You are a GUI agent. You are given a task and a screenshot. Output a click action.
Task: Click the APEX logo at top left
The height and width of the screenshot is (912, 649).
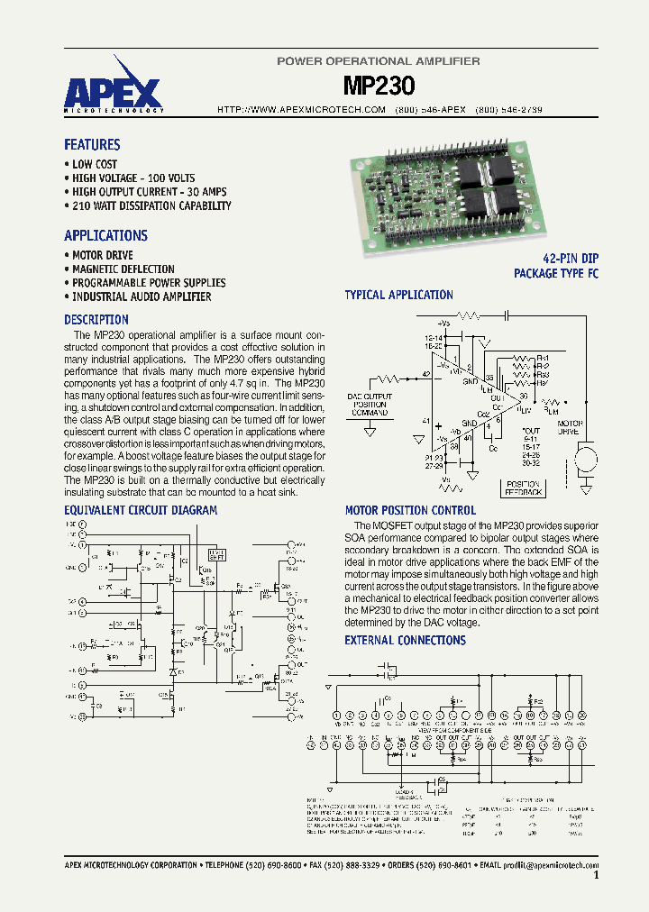pyautogui.click(x=113, y=89)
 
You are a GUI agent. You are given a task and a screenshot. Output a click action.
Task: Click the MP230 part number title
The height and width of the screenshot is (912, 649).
pyautogui.click(x=379, y=86)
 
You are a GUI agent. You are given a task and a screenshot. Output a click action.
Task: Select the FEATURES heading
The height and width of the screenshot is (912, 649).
pyautogui.click(x=92, y=145)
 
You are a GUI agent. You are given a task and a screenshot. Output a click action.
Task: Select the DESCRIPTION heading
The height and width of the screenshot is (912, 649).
pyautogui.click(x=96, y=320)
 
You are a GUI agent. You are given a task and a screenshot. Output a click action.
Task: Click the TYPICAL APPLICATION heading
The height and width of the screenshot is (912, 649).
pyautogui.click(x=398, y=295)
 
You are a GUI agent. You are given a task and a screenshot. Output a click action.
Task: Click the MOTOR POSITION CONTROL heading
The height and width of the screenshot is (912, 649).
pyautogui.click(x=410, y=510)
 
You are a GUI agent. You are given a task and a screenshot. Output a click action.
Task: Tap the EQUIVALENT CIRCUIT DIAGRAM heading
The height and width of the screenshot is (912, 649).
pyautogui.click(x=141, y=510)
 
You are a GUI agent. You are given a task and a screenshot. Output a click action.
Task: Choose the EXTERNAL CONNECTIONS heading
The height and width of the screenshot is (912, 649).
pyautogui.click(x=405, y=641)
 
